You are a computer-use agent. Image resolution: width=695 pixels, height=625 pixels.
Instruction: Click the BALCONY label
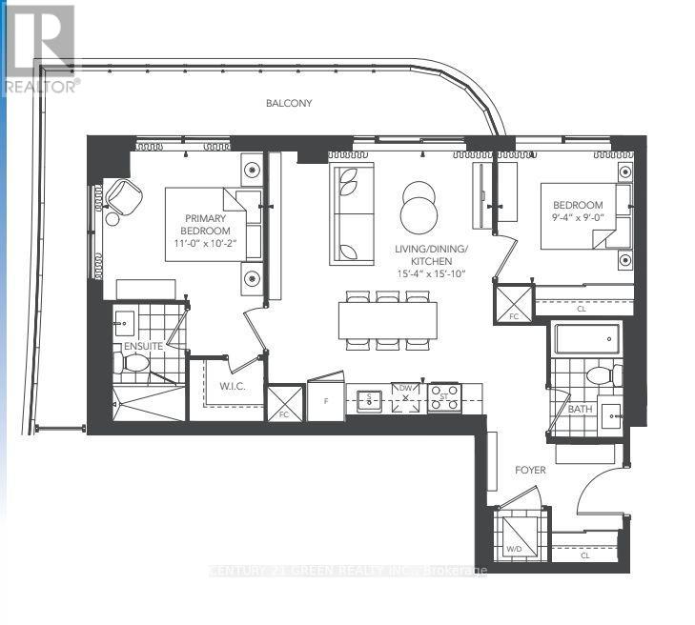click(x=290, y=103)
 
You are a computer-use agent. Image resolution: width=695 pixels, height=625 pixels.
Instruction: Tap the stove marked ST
click(x=442, y=397)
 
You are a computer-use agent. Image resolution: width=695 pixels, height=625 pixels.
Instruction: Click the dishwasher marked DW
click(x=405, y=397)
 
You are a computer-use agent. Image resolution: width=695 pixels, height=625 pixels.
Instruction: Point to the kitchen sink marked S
click(x=366, y=399)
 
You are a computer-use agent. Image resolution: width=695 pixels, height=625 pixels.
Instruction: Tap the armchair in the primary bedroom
click(x=121, y=195)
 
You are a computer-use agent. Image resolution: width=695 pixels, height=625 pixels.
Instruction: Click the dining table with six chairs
click(x=387, y=319)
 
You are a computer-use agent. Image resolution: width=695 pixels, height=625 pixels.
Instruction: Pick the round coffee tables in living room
click(x=419, y=207)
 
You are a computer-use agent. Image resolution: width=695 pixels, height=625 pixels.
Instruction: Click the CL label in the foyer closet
click(x=584, y=554)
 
